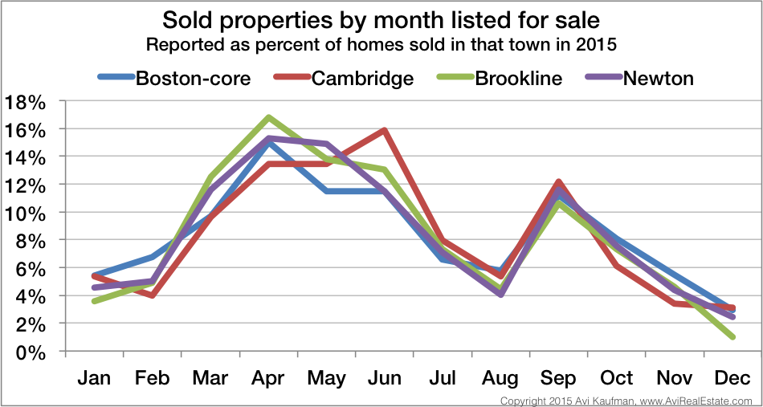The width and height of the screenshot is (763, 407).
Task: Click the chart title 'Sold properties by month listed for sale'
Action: [381, 20]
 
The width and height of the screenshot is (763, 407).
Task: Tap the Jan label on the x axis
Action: [95, 378]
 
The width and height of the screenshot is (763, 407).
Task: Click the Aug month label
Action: [500, 378]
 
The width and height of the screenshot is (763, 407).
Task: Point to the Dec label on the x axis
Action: [732, 378]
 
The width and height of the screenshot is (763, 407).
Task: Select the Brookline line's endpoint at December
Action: [732, 337]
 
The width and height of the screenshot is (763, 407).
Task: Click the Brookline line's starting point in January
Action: [95, 301]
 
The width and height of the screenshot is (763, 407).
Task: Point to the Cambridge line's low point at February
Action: [152, 295]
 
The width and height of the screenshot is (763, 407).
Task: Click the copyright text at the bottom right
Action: [625, 400]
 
